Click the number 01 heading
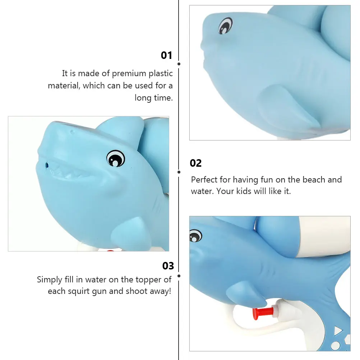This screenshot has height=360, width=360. [x=166, y=55]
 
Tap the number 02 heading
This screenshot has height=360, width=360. [x=196, y=163]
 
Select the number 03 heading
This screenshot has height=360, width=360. [x=168, y=266]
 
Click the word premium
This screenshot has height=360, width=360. [x=130, y=74]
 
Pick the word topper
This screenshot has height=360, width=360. [x=149, y=280]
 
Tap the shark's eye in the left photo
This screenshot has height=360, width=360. [x=116, y=158]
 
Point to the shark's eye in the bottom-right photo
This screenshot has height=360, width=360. [x=195, y=236]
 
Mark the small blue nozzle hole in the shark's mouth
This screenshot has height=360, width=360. [x=46, y=165]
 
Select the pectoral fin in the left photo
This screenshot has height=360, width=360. [x=139, y=230]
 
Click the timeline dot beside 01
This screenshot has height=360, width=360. [x=179, y=64]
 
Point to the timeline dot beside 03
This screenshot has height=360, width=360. [x=179, y=276]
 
